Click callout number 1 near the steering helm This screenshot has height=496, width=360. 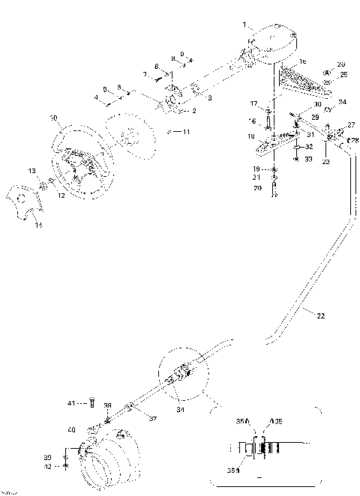[x=244, y=25]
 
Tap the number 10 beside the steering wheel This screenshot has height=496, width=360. [x=52, y=118]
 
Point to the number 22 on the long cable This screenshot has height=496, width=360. [x=321, y=315]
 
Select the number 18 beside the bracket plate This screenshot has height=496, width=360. [x=252, y=136]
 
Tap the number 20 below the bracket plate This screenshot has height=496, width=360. [x=256, y=188]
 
